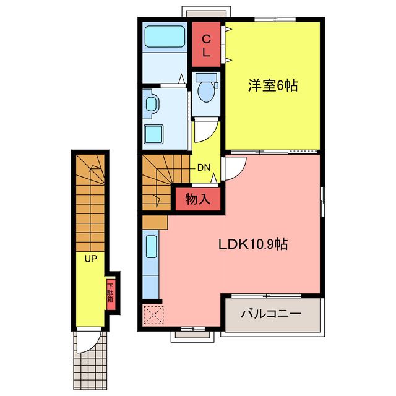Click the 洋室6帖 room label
point(273,86)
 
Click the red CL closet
point(207,45)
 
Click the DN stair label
point(203,168)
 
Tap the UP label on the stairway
point(91,258)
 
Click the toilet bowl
point(205,90)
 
